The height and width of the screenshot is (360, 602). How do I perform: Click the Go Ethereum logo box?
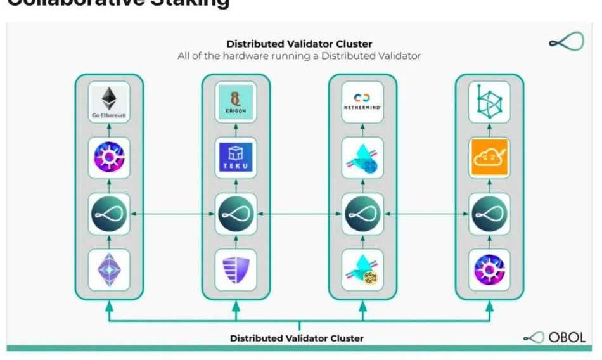[x=109, y=101]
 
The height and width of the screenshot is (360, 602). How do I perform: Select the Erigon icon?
[x=236, y=101]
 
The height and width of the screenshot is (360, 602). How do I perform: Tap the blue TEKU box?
[x=236, y=157]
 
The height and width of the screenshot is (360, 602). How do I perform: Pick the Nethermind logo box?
[x=362, y=101]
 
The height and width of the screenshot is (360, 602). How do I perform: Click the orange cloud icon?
[x=489, y=157]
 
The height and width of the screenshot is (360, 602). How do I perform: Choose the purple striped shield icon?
[x=236, y=269]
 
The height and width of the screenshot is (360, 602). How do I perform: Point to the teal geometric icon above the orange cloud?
[x=489, y=101]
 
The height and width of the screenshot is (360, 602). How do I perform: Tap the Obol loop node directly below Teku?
[x=236, y=214]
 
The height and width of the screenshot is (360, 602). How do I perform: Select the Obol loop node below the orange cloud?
[x=489, y=214]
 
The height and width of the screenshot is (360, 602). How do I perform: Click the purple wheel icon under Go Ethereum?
[x=109, y=157]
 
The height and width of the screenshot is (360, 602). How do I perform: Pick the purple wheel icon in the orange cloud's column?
[x=489, y=269]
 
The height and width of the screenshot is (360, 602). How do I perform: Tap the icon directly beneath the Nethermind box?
[x=362, y=157]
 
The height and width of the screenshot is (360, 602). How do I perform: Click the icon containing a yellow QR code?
[x=362, y=269]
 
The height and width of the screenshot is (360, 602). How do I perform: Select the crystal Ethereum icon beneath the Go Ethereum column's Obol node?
[x=109, y=269]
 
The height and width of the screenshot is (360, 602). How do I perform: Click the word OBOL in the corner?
[x=567, y=338]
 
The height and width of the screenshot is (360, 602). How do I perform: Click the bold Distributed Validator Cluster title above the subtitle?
[x=299, y=44]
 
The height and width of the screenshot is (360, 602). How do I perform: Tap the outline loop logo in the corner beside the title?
[x=565, y=42]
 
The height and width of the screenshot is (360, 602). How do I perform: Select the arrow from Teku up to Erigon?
[x=236, y=129]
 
